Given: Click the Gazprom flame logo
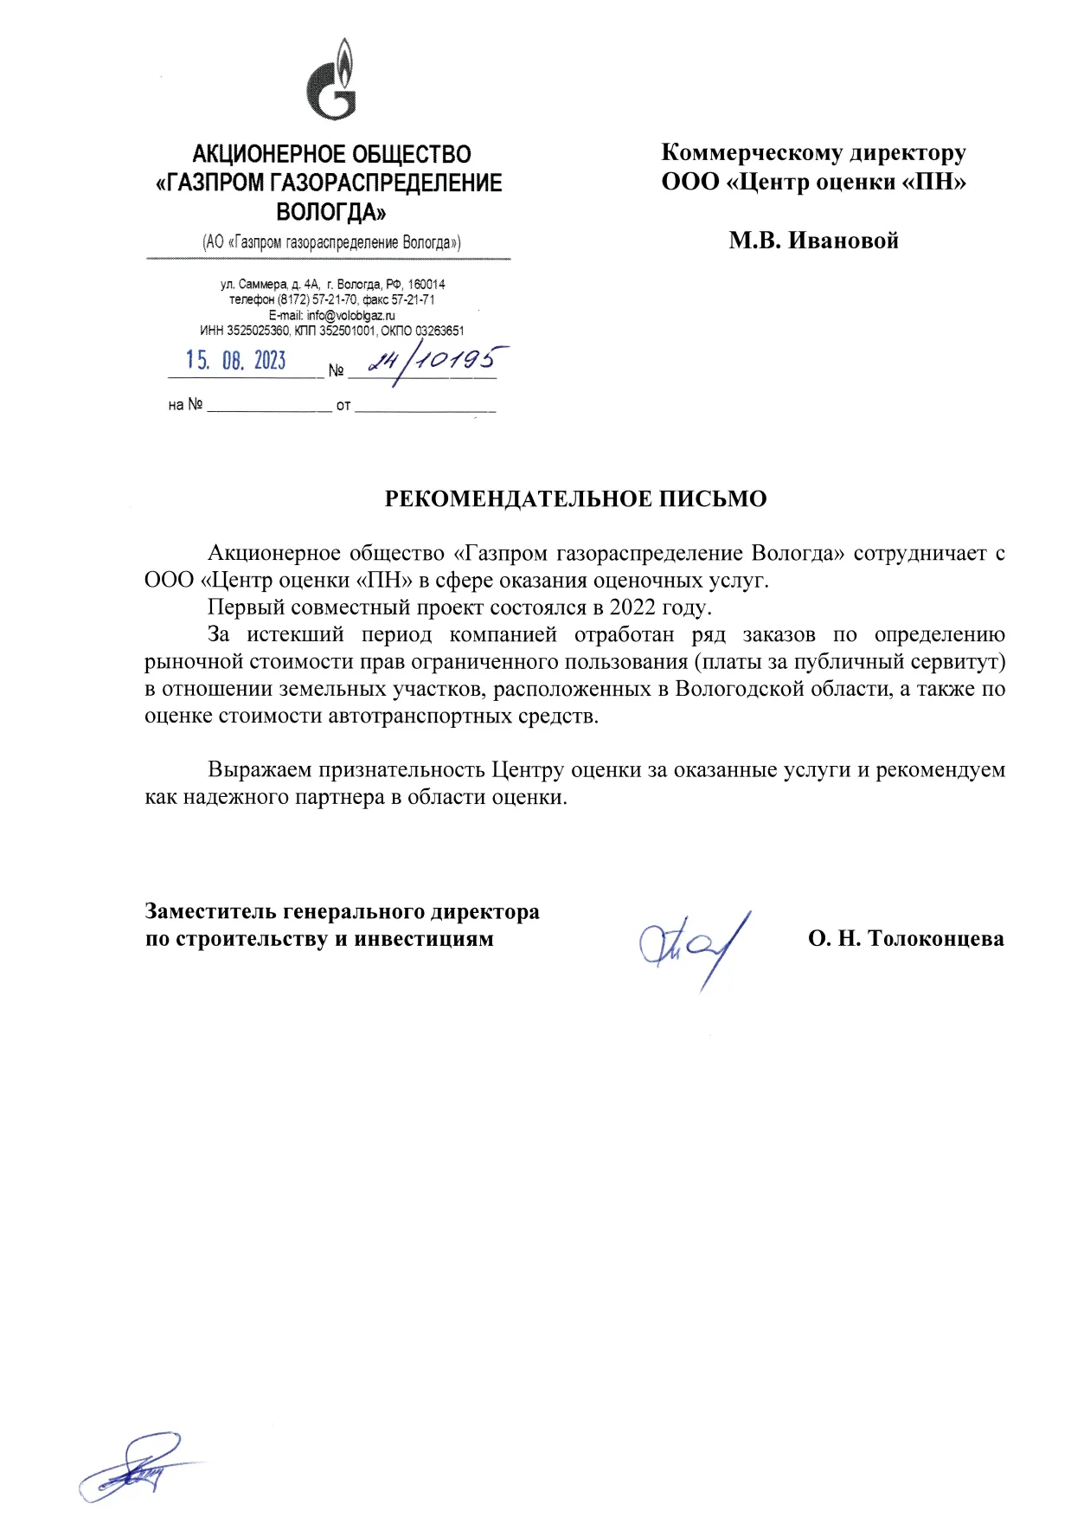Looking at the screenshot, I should pos(331,80).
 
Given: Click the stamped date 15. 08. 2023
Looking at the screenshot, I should pos(235,360).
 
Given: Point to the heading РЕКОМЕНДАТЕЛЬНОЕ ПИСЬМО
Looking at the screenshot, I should pos(575,499).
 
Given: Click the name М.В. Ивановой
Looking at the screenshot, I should pos(813,241).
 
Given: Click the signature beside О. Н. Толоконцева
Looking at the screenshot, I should pos(695,947).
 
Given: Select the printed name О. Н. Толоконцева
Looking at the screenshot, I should pos(906,939).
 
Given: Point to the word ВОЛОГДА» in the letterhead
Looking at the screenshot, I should pos(330,212).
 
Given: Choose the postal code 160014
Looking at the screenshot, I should pos(426,284).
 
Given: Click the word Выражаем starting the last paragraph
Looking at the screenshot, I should pos(260,770).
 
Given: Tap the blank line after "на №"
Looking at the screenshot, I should pos(269,405).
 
